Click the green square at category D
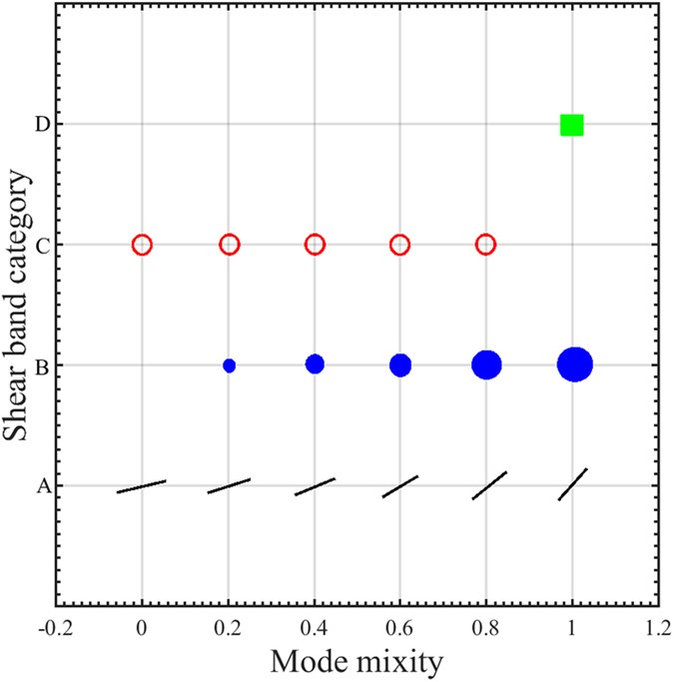(x=571, y=125)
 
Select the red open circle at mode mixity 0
(x=142, y=245)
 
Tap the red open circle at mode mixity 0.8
(x=485, y=245)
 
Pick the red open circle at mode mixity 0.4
(x=315, y=245)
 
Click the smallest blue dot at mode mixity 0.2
(x=229, y=365)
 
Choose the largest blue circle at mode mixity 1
(x=575, y=365)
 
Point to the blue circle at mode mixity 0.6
(x=400, y=365)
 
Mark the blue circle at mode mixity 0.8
(x=486, y=365)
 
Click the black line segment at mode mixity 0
(x=141, y=486)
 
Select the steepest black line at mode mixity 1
(x=572, y=484)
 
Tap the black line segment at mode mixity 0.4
(x=315, y=486)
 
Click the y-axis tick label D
(x=43, y=125)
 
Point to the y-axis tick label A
(x=43, y=487)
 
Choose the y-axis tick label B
(x=43, y=366)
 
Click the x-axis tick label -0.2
(x=55, y=632)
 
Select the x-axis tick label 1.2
(x=657, y=632)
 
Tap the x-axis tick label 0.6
(x=399, y=632)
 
